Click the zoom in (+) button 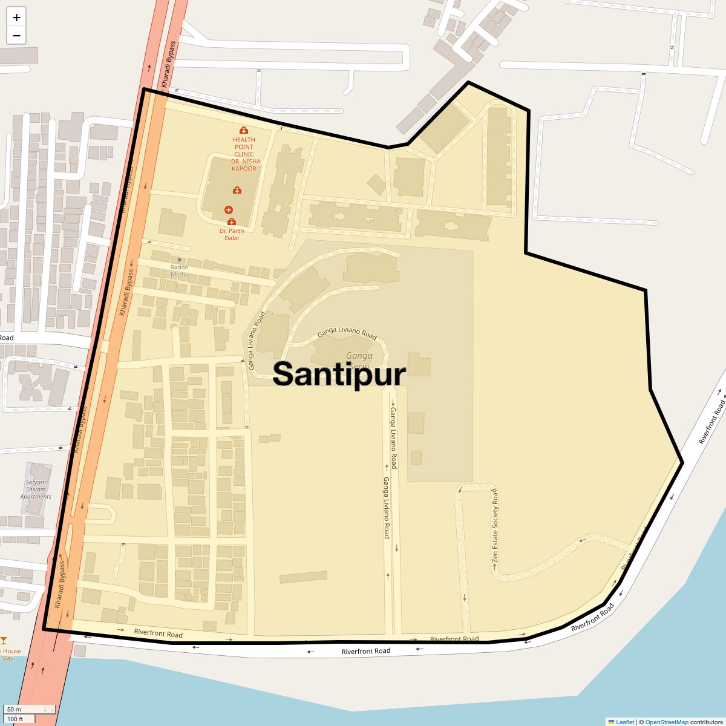[16, 18]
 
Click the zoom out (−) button [16, 35]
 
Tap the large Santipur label [339, 374]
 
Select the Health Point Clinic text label [244, 154]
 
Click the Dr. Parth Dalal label [232, 234]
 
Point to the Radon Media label [179, 270]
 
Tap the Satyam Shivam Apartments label [36, 489]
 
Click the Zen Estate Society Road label [495, 527]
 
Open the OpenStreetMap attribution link [666, 722]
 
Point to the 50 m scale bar [30, 709]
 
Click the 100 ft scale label [15, 719]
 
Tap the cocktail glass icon [4, 641]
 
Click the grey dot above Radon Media [179, 260]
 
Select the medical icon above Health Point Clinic [244, 130]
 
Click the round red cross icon [229, 209]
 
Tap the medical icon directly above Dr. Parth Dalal [231, 221]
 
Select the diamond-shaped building [376, 185]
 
